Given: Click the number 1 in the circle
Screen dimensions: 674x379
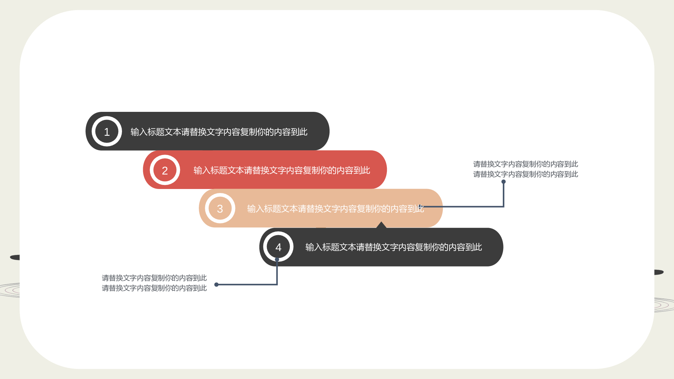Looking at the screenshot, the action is (x=107, y=132).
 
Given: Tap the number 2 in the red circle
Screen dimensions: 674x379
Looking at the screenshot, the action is (x=165, y=170).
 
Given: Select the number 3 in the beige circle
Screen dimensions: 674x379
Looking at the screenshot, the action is (x=220, y=209).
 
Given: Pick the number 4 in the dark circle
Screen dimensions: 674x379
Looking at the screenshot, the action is (x=278, y=247).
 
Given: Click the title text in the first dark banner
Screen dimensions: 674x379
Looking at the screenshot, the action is (x=219, y=132).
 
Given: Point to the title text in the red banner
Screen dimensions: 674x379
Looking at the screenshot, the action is (x=282, y=170).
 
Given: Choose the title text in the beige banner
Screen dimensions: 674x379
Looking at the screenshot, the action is (x=335, y=209).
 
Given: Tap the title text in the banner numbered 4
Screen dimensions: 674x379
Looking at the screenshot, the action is (x=394, y=247).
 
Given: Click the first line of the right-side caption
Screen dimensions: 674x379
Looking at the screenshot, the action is (x=526, y=164).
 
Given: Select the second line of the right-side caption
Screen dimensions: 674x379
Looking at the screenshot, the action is (x=526, y=174).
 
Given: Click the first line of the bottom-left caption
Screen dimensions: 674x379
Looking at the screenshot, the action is (x=154, y=278).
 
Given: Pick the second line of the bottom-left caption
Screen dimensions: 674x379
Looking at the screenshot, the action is (x=154, y=288).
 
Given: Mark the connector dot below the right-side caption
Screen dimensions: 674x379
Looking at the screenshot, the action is (x=503, y=182).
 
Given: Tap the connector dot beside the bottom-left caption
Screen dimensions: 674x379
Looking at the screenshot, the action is (x=216, y=285).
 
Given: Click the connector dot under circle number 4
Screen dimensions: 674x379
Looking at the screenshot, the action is (x=277, y=260).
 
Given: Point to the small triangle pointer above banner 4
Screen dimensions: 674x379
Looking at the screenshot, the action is (x=381, y=225).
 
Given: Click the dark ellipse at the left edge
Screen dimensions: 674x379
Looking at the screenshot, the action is (x=15, y=257).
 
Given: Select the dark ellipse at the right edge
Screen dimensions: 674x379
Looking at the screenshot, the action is (x=659, y=272).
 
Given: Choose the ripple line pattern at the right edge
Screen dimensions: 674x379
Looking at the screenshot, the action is (x=664, y=305).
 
